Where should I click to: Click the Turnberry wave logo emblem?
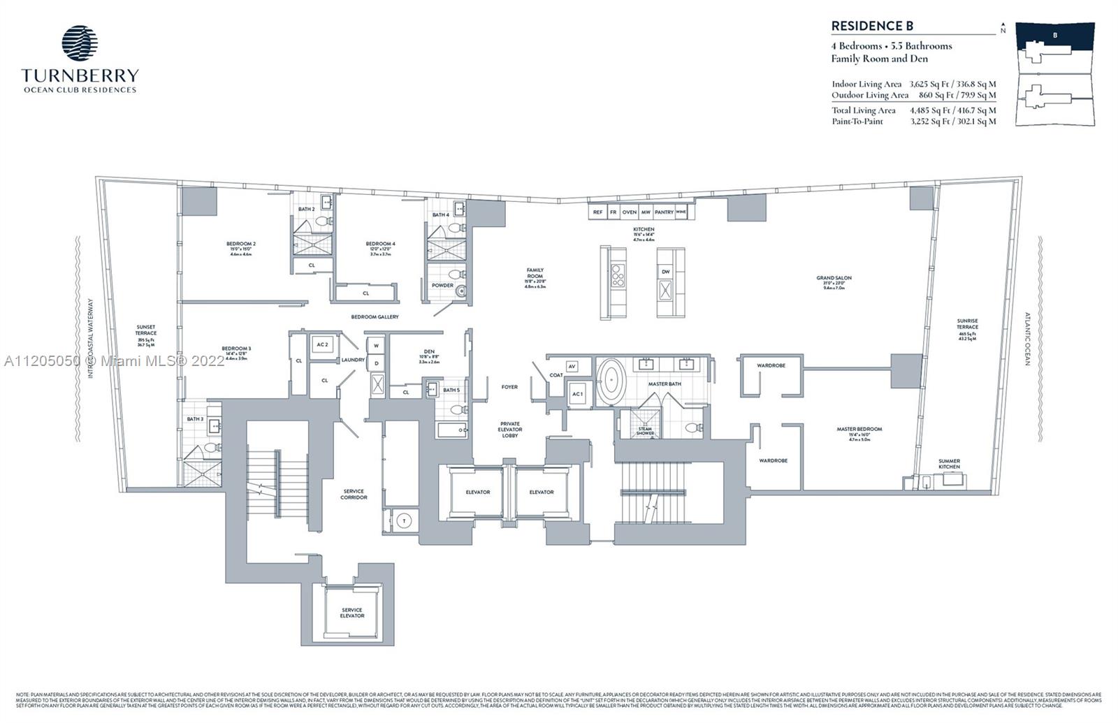(x=80, y=43)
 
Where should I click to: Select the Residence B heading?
(x=872, y=26)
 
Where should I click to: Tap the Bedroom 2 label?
(x=240, y=244)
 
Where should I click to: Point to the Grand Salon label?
(x=834, y=278)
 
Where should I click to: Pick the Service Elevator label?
(x=352, y=613)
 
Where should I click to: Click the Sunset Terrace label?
(x=146, y=330)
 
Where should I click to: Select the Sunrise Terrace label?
(x=968, y=324)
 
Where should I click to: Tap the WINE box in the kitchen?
(x=681, y=212)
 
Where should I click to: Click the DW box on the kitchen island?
(x=665, y=272)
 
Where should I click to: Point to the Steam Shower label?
(x=645, y=431)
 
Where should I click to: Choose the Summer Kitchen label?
(x=949, y=464)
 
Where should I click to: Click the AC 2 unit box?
(x=322, y=345)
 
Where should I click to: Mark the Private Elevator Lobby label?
(x=510, y=429)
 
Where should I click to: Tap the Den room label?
(x=429, y=351)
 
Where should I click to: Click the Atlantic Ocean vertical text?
(x=1028, y=339)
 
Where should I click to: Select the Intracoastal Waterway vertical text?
(x=90, y=339)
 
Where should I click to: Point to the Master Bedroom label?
(x=859, y=429)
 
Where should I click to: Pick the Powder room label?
(x=442, y=286)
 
